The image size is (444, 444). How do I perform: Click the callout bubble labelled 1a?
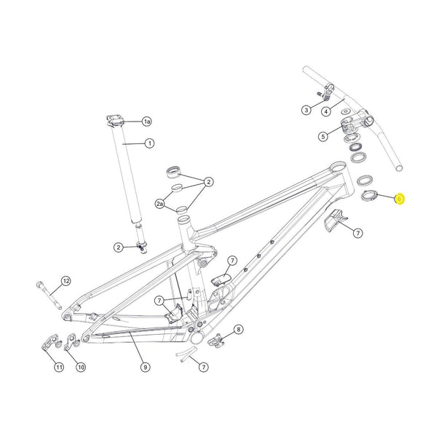point(146,121)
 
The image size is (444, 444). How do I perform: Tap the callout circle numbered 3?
point(306,110)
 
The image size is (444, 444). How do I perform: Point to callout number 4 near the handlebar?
point(327,111)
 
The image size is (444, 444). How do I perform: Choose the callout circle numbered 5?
point(322,136)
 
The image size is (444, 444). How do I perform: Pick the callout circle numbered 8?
point(239,329)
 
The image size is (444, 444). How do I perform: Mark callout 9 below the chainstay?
point(146,366)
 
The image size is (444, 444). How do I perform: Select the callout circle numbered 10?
point(81,367)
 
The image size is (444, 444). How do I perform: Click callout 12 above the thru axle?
point(66,281)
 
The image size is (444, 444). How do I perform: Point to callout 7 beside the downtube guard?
point(357,232)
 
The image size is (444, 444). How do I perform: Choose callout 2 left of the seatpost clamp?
point(118,247)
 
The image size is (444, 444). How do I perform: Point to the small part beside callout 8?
point(216,339)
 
